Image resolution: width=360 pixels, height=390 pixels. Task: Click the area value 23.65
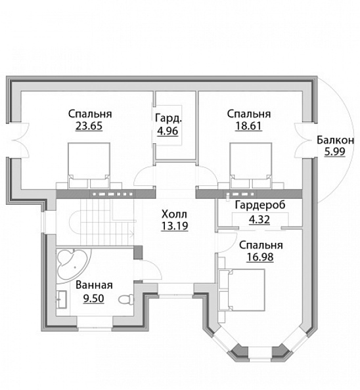pyautogui.click(x=89, y=126)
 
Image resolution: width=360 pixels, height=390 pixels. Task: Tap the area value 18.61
pyautogui.click(x=248, y=126)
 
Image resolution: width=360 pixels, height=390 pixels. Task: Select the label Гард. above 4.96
pyautogui.click(x=168, y=118)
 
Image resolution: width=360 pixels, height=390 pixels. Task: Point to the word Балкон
pyautogui.click(x=335, y=141)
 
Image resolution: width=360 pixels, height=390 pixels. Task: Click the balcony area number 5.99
pyautogui.click(x=335, y=152)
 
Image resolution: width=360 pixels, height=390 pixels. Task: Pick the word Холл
pyautogui.click(x=174, y=214)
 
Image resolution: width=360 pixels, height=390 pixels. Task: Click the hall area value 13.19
pyautogui.click(x=175, y=226)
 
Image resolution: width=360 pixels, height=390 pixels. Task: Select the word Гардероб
pyautogui.click(x=260, y=206)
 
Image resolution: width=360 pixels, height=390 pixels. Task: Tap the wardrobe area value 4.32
pyautogui.click(x=259, y=220)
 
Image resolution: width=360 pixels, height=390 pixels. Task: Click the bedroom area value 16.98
pyautogui.click(x=260, y=257)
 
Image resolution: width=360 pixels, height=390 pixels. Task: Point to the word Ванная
pyautogui.click(x=94, y=285)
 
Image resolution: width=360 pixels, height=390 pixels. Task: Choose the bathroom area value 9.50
pyautogui.click(x=93, y=298)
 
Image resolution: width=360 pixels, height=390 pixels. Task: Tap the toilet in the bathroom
pyautogui.click(x=126, y=299)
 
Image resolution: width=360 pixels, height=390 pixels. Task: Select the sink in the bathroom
pyautogui.click(x=62, y=299)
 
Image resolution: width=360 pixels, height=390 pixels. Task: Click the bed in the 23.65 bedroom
pyautogui.click(x=89, y=165)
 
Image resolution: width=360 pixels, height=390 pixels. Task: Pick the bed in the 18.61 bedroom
pyautogui.click(x=251, y=165)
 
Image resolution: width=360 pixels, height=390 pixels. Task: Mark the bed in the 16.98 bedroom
pyautogui.click(x=241, y=290)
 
